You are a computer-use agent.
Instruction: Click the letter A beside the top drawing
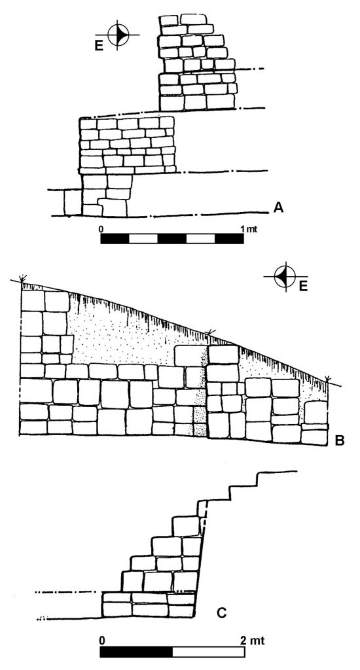pyautogui.click(x=278, y=207)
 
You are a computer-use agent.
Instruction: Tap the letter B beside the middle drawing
pyautogui.click(x=340, y=440)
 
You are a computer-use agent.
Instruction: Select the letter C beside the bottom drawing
pyautogui.click(x=221, y=613)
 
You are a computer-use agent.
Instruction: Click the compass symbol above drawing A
pyautogui.click(x=118, y=35)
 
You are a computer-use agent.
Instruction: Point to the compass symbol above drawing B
pyautogui.click(x=285, y=277)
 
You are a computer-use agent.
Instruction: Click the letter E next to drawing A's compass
pyautogui.click(x=99, y=46)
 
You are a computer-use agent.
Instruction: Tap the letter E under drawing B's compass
pyautogui.click(x=303, y=286)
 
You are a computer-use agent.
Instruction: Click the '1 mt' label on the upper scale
pyautogui.click(x=249, y=229)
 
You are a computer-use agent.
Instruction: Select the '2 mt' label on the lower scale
pyautogui.click(x=253, y=641)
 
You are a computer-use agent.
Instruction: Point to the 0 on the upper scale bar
pyautogui.click(x=101, y=229)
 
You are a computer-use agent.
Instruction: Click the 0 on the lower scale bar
pyautogui.click(x=101, y=641)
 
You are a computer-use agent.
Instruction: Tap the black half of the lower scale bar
pyautogui.click(x=136, y=652)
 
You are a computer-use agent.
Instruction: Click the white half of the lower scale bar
pyautogui.click(x=209, y=652)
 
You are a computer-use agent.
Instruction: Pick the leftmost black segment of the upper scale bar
pyautogui.click(x=115, y=238)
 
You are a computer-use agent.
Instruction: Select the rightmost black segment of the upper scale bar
pyautogui.click(x=229, y=238)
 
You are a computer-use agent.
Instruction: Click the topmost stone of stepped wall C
pyautogui.click(x=186, y=526)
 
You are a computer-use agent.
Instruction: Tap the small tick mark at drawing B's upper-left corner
pyautogui.click(x=21, y=278)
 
